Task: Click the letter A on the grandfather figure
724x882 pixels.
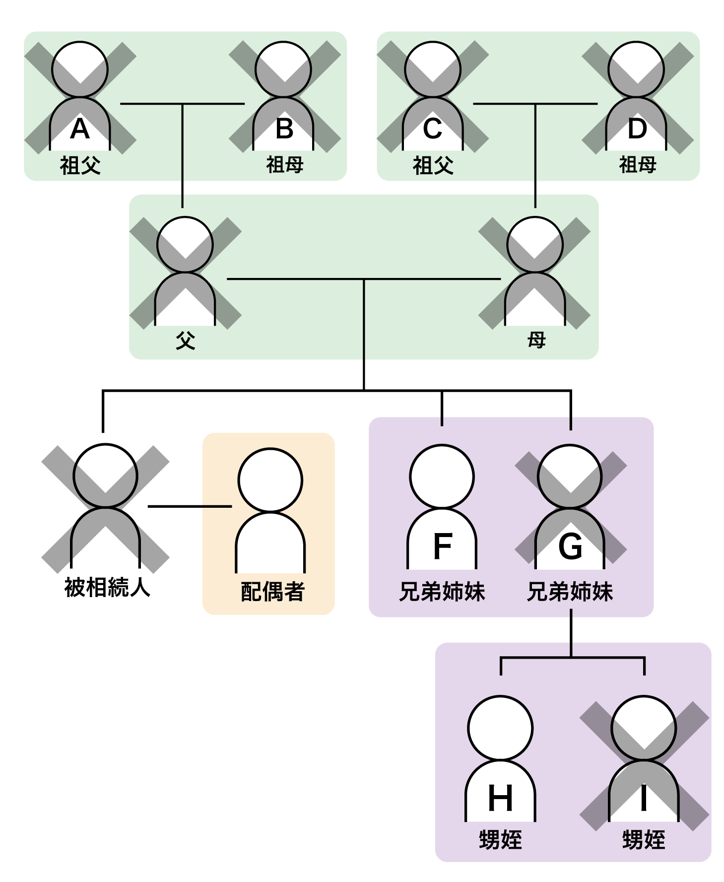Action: tap(80, 129)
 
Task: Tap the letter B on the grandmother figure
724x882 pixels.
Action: tap(284, 129)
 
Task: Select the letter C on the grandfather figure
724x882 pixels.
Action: tap(432, 129)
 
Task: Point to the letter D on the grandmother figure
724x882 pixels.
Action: tap(637, 129)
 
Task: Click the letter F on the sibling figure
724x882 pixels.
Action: tap(442, 546)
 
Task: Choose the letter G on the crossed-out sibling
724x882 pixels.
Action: tap(570, 546)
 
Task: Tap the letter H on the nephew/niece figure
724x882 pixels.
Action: tap(500, 799)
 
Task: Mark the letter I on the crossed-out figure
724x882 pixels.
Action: tap(644, 799)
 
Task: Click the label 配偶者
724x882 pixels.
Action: tap(272, 592)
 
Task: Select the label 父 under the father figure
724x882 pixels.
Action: tap(185, 340)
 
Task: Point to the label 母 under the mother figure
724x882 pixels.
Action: tap(536, 340)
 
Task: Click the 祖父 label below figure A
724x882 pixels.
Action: tap(80, 165)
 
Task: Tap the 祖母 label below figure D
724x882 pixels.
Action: tap(638, 165)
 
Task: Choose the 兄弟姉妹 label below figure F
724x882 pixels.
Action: tap(442, 592)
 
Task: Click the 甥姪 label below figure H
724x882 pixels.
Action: tap(500, 840)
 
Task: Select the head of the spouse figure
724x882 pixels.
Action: tap(270, 479)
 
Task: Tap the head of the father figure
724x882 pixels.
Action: tap(185, 244)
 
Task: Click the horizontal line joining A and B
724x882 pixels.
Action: tap(149, 104)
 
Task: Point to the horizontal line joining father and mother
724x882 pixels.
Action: tap(298, 279)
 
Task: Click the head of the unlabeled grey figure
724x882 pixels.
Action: tap(105, 475)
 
